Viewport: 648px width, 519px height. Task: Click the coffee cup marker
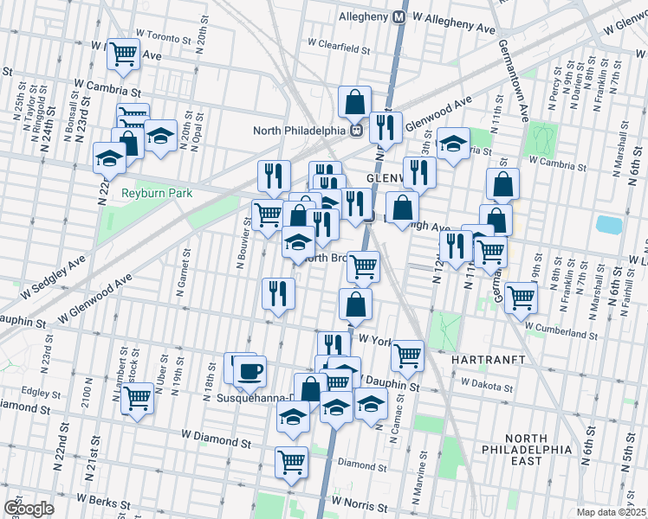point(250,371)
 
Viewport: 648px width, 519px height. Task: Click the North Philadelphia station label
point(300,131)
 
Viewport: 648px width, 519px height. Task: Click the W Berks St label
point(105,500)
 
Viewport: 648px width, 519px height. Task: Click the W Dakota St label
point(488,381)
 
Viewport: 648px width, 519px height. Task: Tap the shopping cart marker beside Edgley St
point(137,399)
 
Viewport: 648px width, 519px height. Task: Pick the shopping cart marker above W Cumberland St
point(521,298)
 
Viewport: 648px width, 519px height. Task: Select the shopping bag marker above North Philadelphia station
point(355,102)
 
